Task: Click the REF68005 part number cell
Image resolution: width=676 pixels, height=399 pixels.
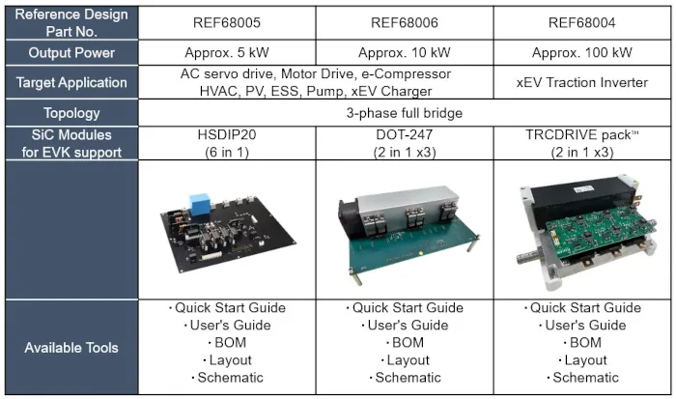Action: click(x=227, y=22)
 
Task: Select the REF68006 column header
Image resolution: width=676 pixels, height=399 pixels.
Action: click(x=405, y=22)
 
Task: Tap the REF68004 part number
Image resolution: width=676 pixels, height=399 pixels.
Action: click(x=582, y=22)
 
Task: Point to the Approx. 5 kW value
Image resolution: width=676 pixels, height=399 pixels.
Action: click(x=227, y=52)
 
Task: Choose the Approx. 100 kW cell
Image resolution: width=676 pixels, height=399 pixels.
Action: click(x=582, y=52)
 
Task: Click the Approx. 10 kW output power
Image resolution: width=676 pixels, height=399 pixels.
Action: click(x=405, y=52)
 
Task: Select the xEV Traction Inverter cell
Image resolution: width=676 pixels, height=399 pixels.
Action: click(x=582, y=82)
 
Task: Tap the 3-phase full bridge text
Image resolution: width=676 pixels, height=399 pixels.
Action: click(x=405, y=113)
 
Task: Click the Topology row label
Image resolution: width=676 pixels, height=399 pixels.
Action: click(x=71, y=113)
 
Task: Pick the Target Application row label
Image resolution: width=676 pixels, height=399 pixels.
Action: click(x=71, y=82)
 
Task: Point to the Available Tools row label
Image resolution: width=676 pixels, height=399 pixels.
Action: click(x=71, y=348)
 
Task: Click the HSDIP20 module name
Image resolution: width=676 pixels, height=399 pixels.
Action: click(x=227, y=134)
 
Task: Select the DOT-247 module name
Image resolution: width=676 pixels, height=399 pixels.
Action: click(x=405, y=134)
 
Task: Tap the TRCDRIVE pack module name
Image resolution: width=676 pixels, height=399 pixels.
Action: click(x=582, y=135)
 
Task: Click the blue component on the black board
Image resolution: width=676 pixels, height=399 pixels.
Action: click(x=200, y=205)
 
